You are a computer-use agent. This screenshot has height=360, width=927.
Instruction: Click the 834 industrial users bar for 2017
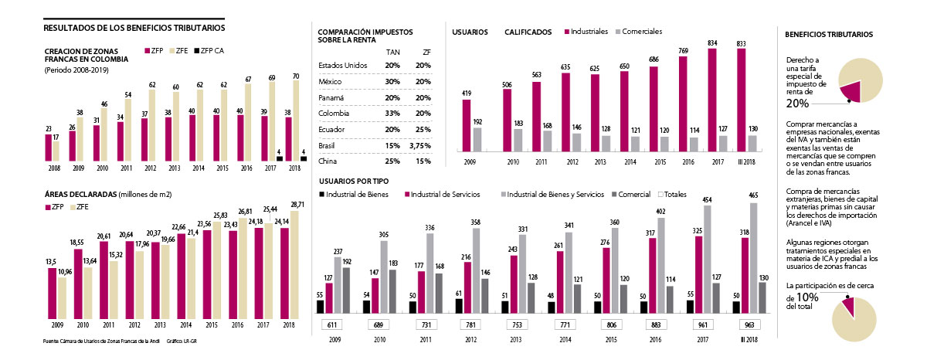click(x=712, y=100)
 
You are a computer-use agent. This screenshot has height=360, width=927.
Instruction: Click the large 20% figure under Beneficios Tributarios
click(x=798, y=104)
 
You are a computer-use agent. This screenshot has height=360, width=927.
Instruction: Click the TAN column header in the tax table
click(x=392, y=52)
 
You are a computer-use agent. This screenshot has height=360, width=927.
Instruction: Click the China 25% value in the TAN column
click(x=392, y=161)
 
